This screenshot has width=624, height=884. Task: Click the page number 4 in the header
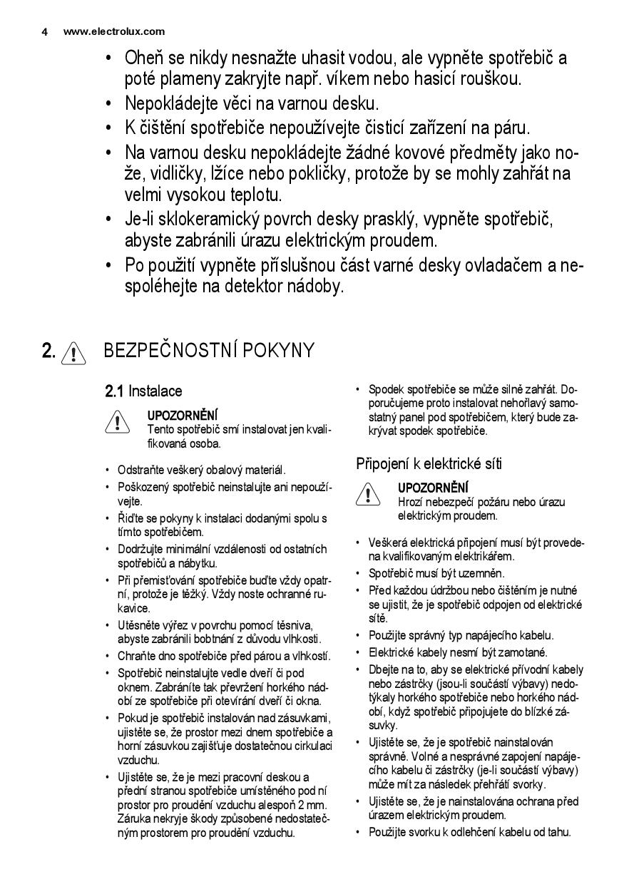pos(44,31)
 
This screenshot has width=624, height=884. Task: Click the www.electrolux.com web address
pos(114,31)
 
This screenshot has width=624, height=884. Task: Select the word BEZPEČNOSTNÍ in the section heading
pos(170,350)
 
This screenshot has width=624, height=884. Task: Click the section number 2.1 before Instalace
pos(115,391)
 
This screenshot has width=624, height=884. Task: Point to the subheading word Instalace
pos(155,391)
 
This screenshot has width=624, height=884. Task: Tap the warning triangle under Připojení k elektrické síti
pos(367,494)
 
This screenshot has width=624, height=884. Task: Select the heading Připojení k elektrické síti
pos(429,464)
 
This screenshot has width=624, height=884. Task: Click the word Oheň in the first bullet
pos(145,57)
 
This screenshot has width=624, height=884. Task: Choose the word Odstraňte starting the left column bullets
pos(141,471)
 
